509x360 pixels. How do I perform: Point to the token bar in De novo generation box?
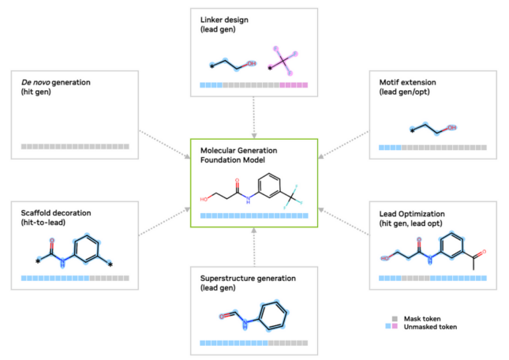[75, 147]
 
